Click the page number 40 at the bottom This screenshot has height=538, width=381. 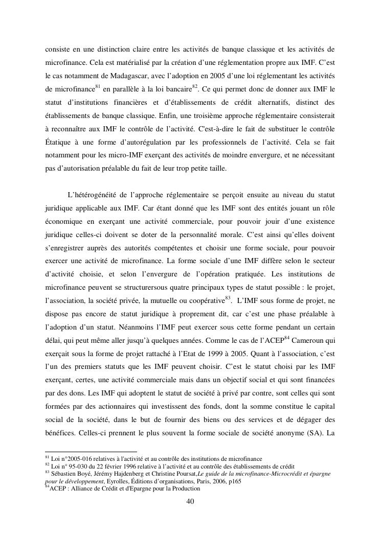190,501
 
